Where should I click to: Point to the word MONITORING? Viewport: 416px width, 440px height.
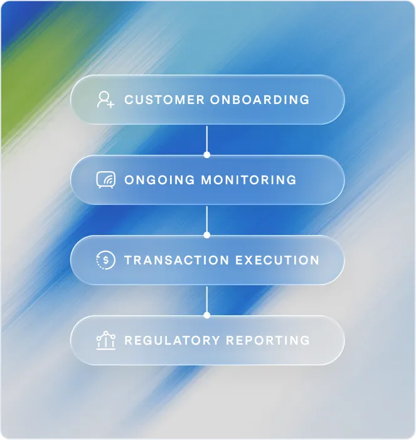248,180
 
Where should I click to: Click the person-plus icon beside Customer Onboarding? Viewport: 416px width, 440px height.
105,100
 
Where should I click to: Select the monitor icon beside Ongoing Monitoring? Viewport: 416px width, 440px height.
105,180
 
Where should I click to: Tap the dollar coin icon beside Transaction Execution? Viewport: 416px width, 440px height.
105,260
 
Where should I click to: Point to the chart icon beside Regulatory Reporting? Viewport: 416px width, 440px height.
105,340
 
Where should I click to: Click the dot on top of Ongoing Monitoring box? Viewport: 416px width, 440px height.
207,154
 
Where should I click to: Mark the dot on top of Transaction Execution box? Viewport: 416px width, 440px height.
207,234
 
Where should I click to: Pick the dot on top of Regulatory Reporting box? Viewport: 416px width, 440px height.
207,315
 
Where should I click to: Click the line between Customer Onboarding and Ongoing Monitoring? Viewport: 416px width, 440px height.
207,138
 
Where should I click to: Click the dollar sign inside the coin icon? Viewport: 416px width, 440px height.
106,260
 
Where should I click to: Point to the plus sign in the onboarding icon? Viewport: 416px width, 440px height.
111,104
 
